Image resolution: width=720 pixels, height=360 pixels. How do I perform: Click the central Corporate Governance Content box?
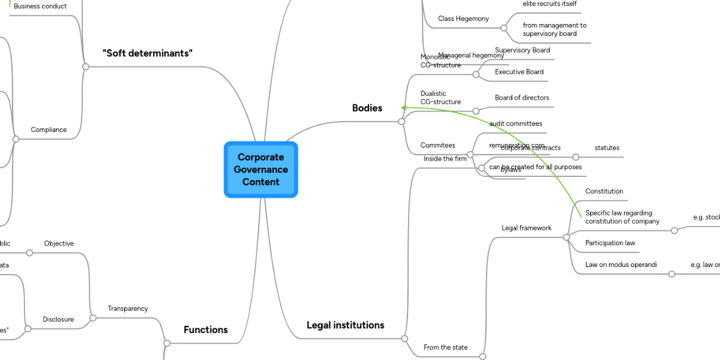pos(261,169)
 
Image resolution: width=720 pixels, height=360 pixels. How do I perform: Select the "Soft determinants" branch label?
pos(148,53)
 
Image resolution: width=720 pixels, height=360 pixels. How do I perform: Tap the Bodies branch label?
pos(367,108)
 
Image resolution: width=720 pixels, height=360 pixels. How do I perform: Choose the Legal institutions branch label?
pos(345,325)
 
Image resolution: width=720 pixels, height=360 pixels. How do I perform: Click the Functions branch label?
pos(206,329)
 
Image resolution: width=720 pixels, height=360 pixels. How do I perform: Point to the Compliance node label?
pos(49,130)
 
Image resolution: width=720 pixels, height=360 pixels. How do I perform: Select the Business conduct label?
pos(40,6)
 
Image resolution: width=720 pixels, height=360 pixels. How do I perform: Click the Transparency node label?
pos(128,308)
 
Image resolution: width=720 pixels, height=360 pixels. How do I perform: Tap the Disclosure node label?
pos(58,319)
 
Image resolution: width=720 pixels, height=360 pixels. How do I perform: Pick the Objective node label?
pos(59,244)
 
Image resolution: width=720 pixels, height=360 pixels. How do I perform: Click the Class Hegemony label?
pos(463,19)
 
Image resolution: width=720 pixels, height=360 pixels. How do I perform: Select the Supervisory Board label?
pos(522,50)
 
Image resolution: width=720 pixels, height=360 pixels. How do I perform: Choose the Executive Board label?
pos(519,72)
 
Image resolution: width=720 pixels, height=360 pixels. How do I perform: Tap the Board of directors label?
pos(521,98)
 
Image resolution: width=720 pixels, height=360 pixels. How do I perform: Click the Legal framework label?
pos(526,228)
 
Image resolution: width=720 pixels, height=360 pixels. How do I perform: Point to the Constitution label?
pos(604,191)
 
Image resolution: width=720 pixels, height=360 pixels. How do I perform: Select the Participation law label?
pos(610,243)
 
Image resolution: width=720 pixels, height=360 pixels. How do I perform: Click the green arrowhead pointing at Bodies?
pos(405,108)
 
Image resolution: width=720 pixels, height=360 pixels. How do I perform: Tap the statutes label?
pos(607,148)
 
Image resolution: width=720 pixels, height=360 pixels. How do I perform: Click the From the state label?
pos(445,347)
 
